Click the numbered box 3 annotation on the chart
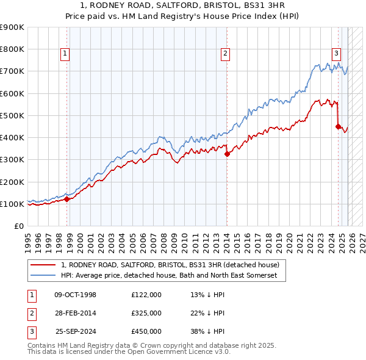pos(336,53)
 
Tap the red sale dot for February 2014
pos(227,154)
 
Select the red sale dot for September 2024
pos(338,126)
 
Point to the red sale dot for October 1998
pos(66,199)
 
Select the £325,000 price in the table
pos(146,313)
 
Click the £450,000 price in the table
pos(146,331)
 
